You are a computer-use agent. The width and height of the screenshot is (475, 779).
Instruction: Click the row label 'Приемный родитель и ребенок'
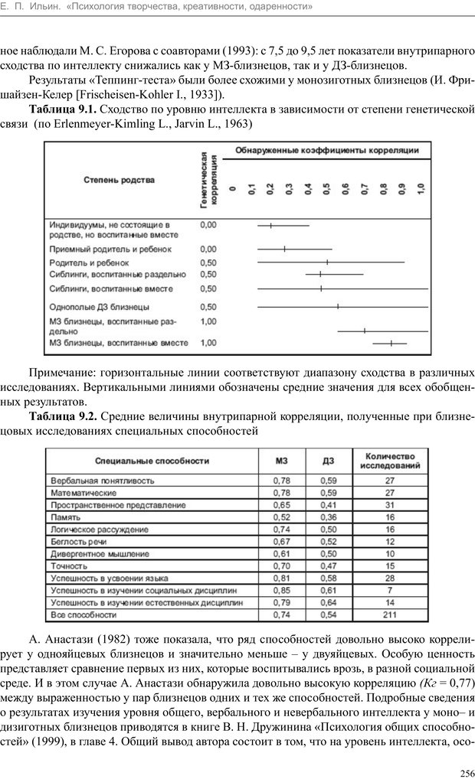[110, 249]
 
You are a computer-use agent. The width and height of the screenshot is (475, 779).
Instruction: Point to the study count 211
[389, 614]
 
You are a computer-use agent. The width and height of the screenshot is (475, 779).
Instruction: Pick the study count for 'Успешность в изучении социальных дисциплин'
[389, 590]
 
